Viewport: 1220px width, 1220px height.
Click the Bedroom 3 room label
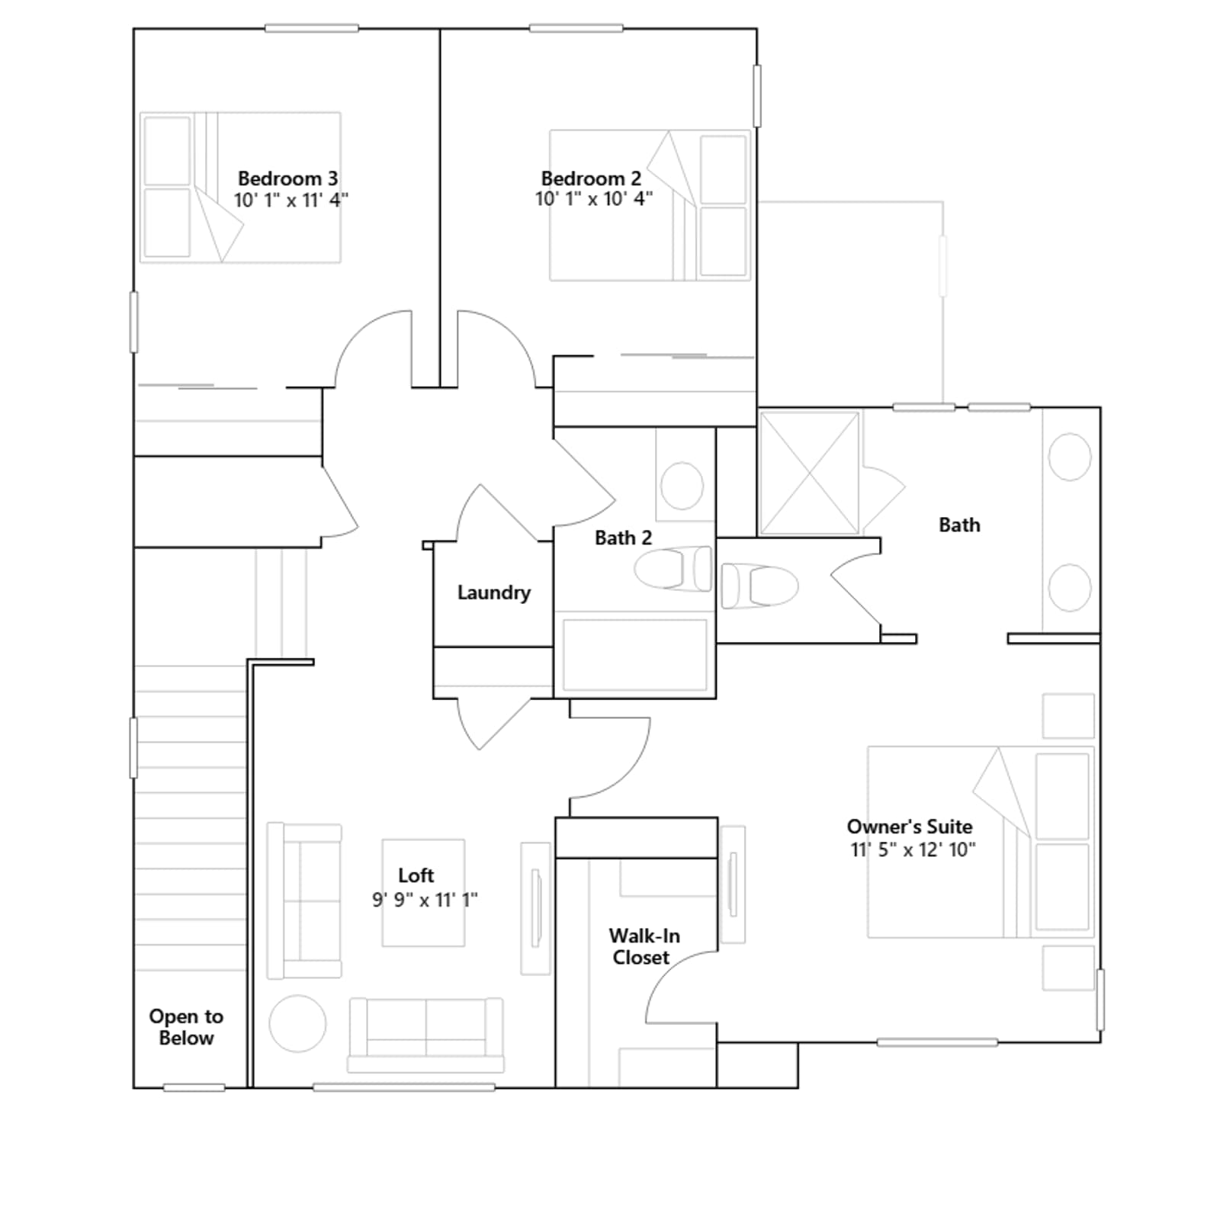[x=287, y=178]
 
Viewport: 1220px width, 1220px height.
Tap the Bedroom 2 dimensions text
[x=594, y=199]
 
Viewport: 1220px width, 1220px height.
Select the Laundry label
[x=494, y=592]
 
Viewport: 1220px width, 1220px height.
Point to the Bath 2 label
[x=623, y=538]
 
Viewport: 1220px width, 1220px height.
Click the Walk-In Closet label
[x=644, y=946]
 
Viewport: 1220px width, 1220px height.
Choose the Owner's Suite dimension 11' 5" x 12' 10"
[x=913, y=849]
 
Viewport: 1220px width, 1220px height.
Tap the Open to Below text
[x=186, y=1027]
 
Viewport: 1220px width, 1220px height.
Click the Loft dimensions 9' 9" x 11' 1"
[x=425, y=900]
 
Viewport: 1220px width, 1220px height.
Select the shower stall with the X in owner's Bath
[x=809, y=473]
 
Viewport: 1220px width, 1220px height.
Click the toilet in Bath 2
[x=673, y=568]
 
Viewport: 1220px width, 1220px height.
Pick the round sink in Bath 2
[x=682, y=485]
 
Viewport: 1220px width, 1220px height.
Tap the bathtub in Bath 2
[x=635, y=655]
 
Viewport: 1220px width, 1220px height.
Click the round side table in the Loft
[x=297, y=1023]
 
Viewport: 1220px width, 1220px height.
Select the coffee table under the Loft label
[x=423, y=893]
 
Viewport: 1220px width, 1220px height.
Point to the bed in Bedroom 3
[x=240, y=188]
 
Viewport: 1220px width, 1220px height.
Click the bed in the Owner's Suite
[x=981, y=842]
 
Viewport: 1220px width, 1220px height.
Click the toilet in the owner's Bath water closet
[x=759, y=586]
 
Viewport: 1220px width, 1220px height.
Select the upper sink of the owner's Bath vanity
[x=1070, y=457]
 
